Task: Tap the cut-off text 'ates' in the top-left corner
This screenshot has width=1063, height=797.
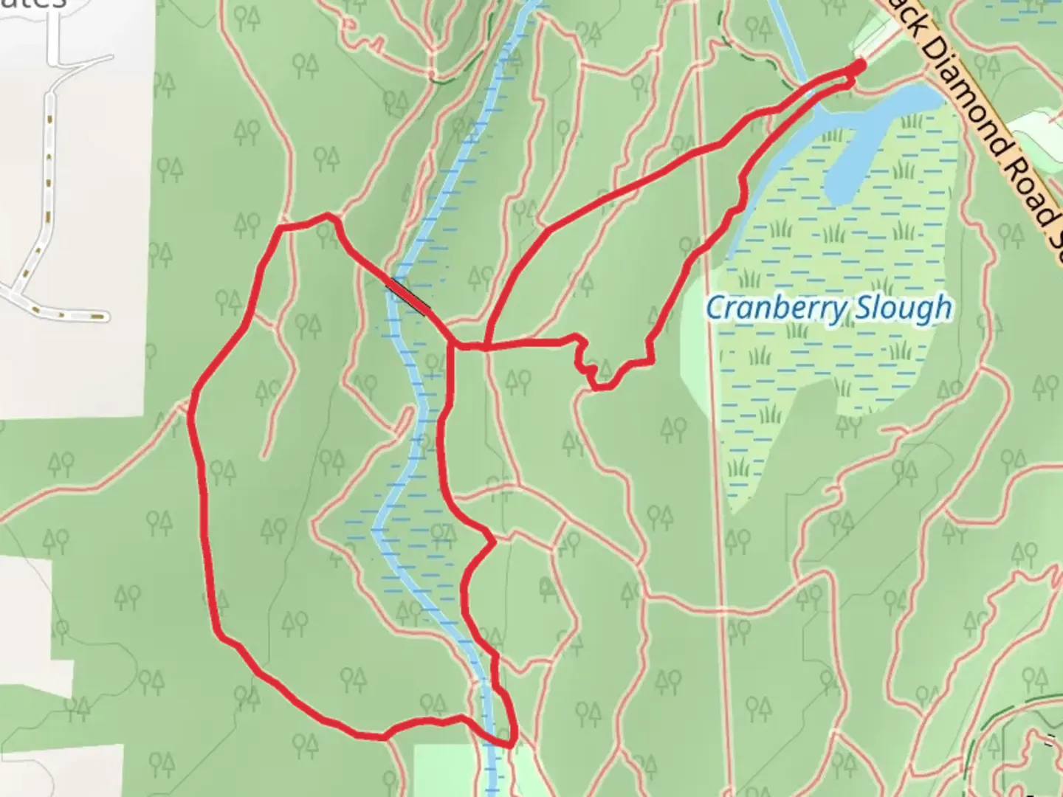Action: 33,4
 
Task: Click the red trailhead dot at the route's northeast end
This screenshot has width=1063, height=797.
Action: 859,67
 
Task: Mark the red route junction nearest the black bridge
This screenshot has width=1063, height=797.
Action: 452,345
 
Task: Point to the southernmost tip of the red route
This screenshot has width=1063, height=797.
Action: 509,743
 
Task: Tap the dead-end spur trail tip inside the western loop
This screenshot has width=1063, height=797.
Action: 264,456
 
